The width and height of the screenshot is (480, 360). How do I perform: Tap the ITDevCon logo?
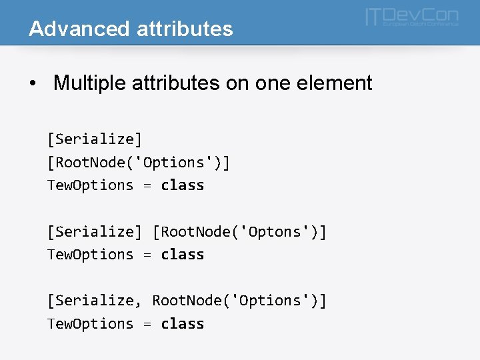411,18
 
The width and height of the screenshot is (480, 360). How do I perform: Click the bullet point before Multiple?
33,84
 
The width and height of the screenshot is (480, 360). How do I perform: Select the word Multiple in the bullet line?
91,83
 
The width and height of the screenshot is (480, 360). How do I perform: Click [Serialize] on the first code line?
95,139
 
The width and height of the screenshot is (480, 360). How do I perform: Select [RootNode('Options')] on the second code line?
138,162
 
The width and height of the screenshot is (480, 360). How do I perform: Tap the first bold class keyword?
183,185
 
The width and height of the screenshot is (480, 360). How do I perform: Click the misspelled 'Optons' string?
274,231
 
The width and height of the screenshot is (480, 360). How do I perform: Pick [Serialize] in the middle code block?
95,231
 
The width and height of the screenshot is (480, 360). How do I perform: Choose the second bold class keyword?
183,254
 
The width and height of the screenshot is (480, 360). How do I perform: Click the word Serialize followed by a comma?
95,301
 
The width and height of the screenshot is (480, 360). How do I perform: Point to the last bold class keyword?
183,323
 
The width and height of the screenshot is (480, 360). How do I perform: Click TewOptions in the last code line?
90,323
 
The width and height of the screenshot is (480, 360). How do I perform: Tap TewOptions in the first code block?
90,185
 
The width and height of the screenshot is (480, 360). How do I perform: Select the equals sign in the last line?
147,324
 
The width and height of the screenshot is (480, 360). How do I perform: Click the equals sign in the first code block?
147,185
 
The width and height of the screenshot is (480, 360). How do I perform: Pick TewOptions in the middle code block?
90,254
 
